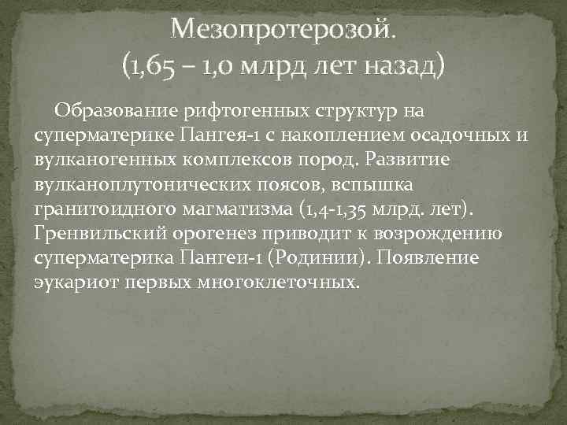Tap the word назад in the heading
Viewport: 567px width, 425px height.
click(402, 65)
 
